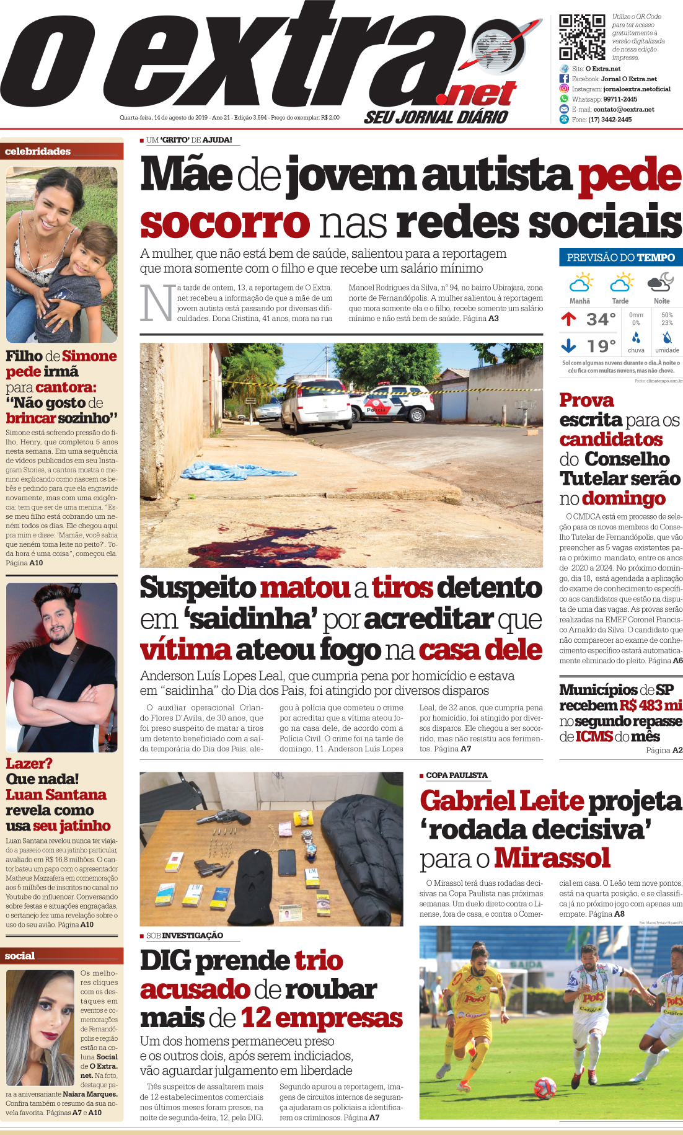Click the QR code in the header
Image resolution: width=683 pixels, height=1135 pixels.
(x=582, y=37)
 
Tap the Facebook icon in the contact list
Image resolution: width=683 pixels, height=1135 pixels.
(x=564, y=79)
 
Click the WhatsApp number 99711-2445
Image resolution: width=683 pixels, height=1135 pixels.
(x=620, y=99)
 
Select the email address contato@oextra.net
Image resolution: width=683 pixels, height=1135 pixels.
(x=624, y=109)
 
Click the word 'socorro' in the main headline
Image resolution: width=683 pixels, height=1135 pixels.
(x=224, y=223)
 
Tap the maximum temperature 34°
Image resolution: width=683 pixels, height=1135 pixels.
(x=601, y=319)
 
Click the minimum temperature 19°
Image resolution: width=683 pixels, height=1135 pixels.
(x=601, y=346)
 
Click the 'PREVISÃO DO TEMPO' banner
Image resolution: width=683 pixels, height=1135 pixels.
(x=620, y=257)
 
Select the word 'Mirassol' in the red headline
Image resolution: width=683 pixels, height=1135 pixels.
(x=552, y=859)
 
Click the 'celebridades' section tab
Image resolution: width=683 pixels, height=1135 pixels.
(x=38, y=151)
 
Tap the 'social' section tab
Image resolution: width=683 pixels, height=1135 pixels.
(x=20, y=956)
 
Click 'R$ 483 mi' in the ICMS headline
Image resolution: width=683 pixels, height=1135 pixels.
(x=650, y=705)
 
